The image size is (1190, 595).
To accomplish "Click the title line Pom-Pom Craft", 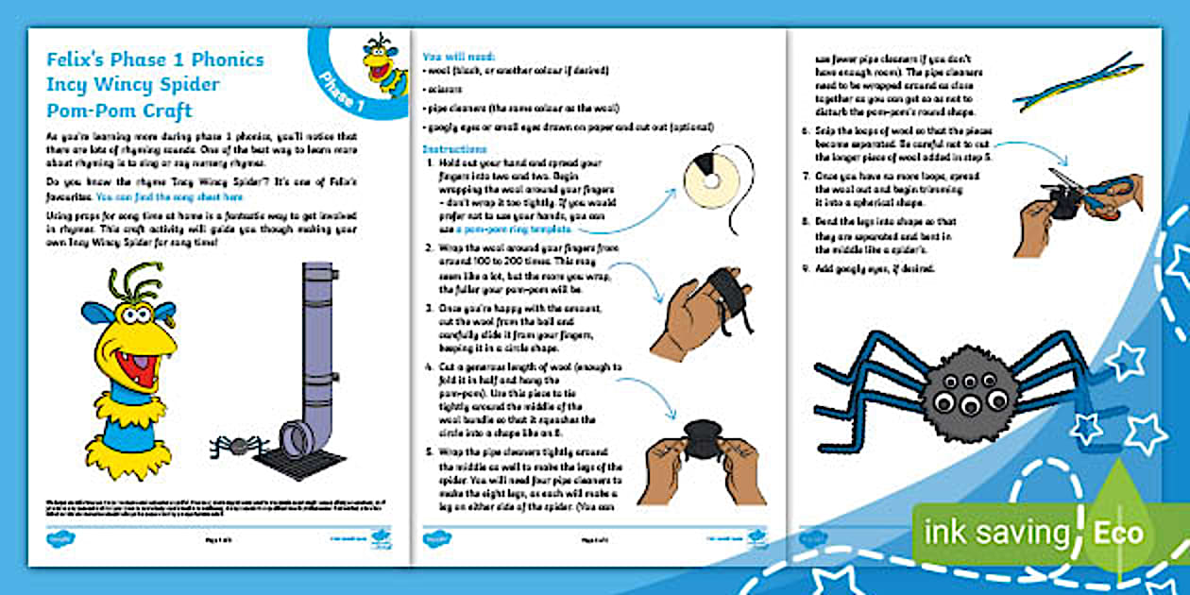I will tap(119, 110).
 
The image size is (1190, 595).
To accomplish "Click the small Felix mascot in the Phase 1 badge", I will tap(382, 65).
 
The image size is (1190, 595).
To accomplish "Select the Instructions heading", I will tap(454, 149).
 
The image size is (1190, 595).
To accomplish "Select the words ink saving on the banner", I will tap(997, 533).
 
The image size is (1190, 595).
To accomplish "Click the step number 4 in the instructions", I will tap(430, 366).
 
